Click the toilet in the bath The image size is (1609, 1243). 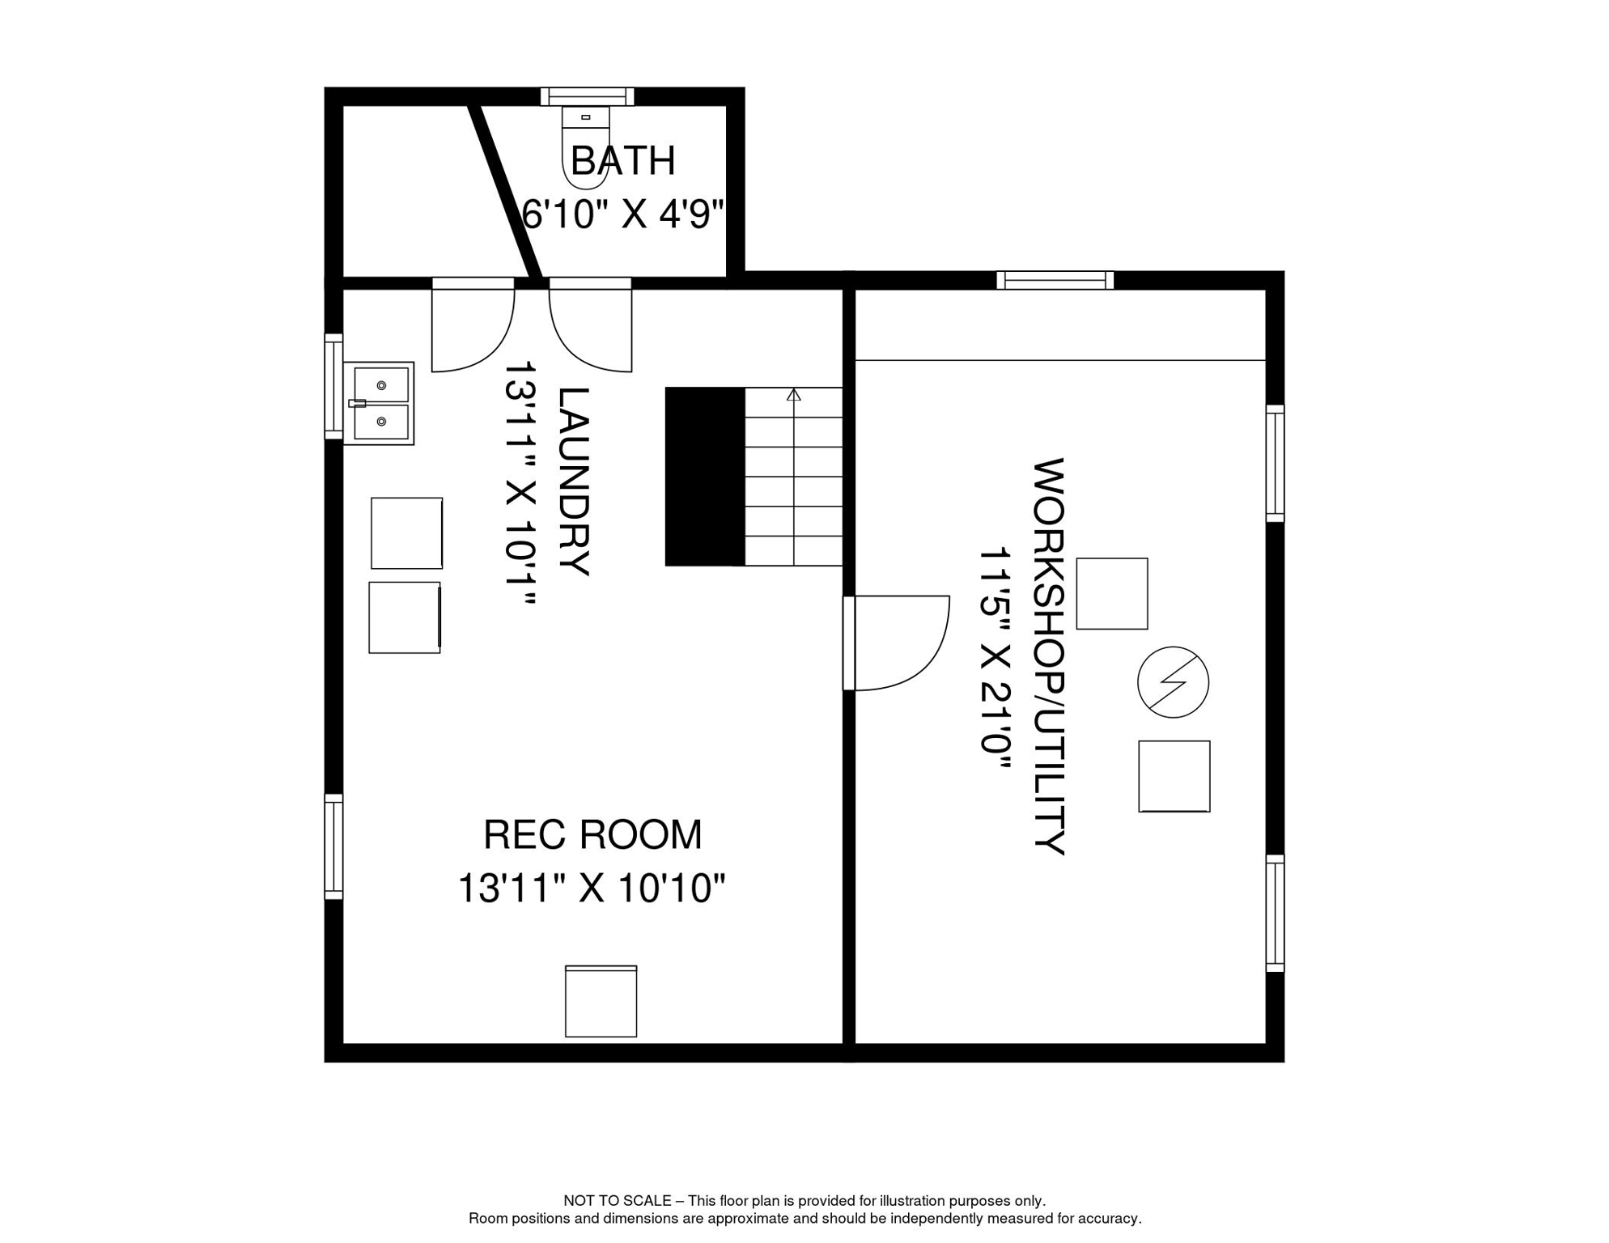point(585,146)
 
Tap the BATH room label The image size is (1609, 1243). point(622,161)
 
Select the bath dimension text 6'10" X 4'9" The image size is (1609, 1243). point(622,214)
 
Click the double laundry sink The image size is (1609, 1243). point(379,403)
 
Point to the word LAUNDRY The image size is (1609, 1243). point(574,482)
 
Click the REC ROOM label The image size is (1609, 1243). point(592,835)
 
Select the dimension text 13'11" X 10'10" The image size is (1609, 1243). point(592,889)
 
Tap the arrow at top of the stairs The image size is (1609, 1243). point(794,395)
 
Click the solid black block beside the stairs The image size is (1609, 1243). point(704,477)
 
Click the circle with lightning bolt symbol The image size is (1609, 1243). point(1173,682)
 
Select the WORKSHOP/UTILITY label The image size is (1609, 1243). point(1049,656)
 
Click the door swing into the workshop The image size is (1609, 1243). point(898,643)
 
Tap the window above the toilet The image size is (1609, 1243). point(588,97)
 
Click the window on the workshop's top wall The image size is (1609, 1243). point(1055,280)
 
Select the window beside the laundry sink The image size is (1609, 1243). point(333,386)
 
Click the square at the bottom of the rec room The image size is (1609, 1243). point(601,1001)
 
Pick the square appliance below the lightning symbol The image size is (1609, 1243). point(1174,776)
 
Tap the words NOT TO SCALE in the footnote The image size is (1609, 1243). point(617,1201)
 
